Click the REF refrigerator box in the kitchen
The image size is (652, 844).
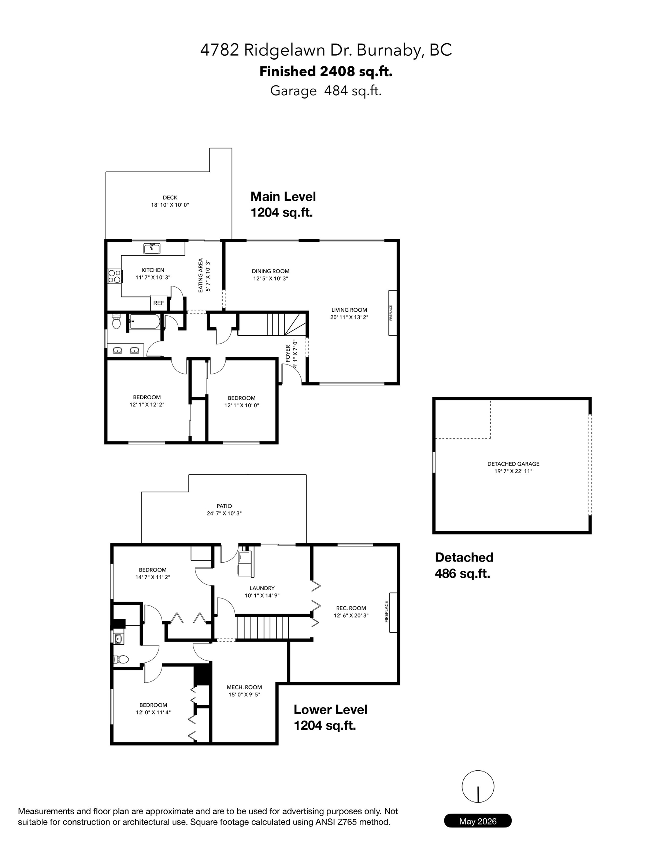[159, 303]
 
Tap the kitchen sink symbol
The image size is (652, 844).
[152, 248]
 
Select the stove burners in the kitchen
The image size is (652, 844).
[114, 276]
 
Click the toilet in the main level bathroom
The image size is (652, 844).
[117, 322]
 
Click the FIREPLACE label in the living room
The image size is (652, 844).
[391, 313]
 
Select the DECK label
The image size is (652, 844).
[170, 197]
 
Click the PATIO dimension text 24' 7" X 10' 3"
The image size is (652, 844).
[224, 514]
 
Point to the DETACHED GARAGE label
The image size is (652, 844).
[513, 464]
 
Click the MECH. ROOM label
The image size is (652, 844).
[244, 687]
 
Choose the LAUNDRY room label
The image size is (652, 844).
[262, 588]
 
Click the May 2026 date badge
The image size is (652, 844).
[478, 821]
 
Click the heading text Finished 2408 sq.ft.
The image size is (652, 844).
[326, 71]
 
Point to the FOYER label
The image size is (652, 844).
[288, 353]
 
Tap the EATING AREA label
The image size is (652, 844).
[201, 275]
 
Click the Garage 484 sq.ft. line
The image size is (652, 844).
[326, 91]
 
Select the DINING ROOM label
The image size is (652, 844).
[271, 271]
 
